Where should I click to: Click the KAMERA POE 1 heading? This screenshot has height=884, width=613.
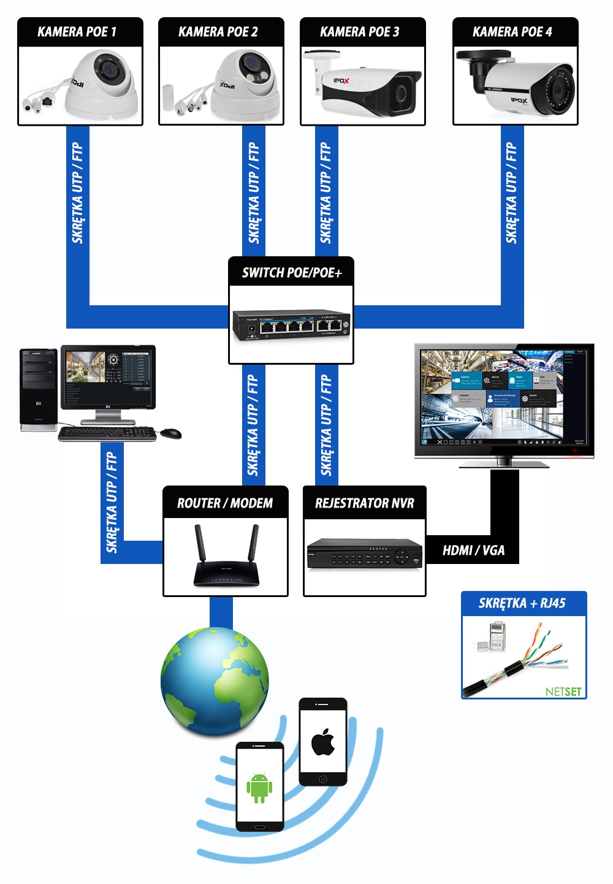(77, 32)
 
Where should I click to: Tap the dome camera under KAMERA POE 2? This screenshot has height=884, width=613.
(245, 86)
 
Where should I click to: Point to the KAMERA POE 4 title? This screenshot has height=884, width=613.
(512, 32)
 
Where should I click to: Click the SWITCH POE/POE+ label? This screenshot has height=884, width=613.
(292, 273)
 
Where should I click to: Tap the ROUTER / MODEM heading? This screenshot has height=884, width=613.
(225, 503)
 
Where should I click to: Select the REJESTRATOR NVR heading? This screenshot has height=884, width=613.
(365, 503)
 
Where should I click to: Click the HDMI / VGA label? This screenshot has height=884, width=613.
(473, 551)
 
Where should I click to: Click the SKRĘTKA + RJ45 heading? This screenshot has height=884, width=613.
(522, 603)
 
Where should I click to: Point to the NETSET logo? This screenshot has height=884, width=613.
(563, 692)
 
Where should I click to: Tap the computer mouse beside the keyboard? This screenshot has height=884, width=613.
(170, 433)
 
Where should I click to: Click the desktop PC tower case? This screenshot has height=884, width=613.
(38, 389)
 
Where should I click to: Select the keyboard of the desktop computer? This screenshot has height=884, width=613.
(107, 433)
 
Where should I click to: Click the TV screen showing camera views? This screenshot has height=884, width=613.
(504, 398)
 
